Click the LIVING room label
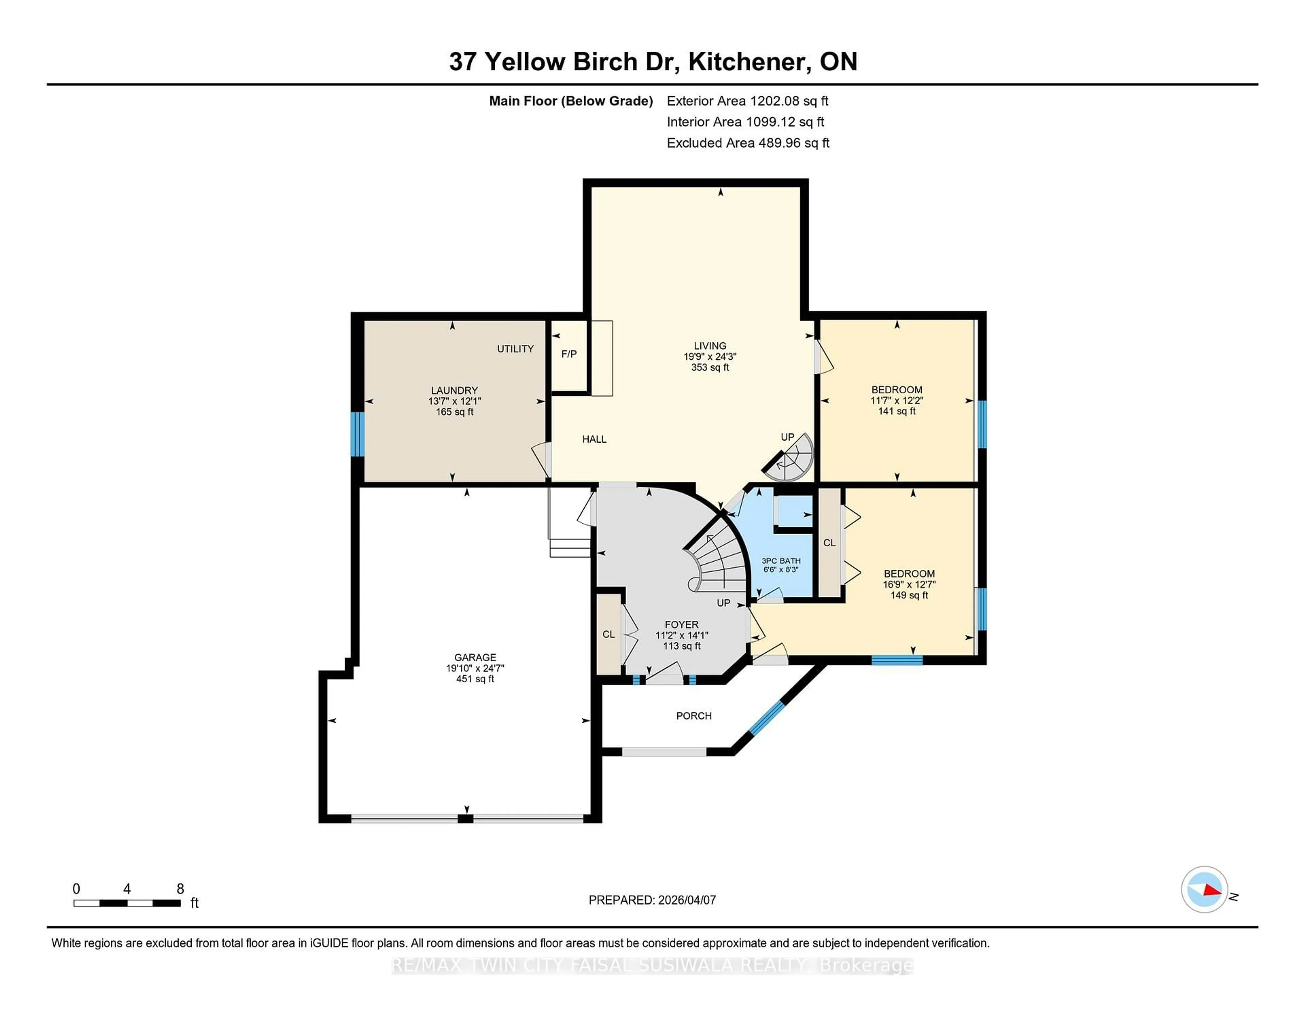pyautogui.click(x=710, y=345)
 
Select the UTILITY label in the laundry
pyautogui.click(x=515, y=348)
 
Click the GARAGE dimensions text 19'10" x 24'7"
pyautogui.click(x=475, y=668)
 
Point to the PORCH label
pyautogui.click(x=694, y=716)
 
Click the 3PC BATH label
pyautogui.click(x=781, y=561)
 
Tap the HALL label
pyautogui.click(x=594, y=439)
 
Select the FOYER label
pyautogui.click(x=681, y=624)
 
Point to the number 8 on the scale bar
pyautogui.click(x=180, y=889)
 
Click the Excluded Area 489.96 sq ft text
pyautogui.click(x=748, y=143)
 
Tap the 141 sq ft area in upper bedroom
pyautogui.click(x=896, y=411)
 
